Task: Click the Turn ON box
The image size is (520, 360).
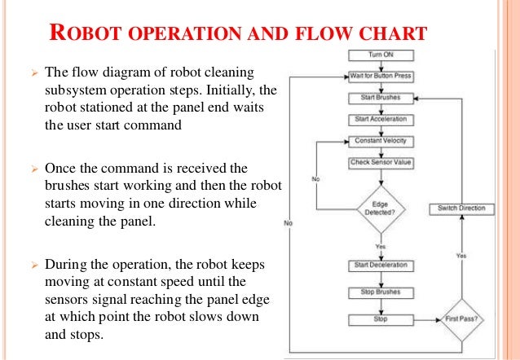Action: pos(381,55)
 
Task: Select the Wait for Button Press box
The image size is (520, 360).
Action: pos(381,77)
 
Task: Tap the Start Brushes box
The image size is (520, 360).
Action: pos(381,98)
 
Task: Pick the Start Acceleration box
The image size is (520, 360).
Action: pos(381,120)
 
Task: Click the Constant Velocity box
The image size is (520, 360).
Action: pos(381,141)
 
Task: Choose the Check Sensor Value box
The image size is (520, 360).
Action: pos(381,162)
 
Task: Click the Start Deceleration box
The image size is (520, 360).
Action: pos(381,265)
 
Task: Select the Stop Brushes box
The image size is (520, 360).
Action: pos(381,291)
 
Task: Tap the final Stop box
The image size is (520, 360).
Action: pos(381,318)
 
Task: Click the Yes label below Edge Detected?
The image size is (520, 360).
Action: pos(381,246)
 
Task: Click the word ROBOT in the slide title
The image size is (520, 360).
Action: pos(77,34)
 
